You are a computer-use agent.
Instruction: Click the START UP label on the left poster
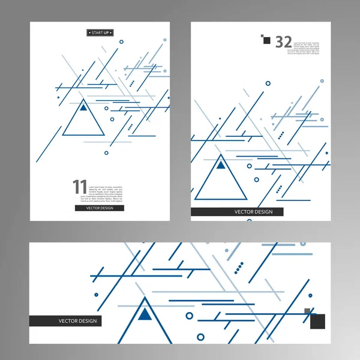point(100,32)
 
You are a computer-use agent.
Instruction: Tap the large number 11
point(80,187)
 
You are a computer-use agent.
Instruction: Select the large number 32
point(283,41)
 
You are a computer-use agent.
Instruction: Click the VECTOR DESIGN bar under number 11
point(100,208)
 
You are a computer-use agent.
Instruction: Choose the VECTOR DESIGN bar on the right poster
point(237,212)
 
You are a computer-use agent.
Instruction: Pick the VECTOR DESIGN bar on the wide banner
point(65,321)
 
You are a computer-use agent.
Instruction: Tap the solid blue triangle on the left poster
point(83,108)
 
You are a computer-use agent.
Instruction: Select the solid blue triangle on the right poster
point(221,164)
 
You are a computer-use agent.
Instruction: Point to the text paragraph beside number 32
point(306,48)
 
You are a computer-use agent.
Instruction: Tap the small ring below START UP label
point(122,42)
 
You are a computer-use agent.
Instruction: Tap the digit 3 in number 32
point(279,41)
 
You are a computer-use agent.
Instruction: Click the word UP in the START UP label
point(107,32)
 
